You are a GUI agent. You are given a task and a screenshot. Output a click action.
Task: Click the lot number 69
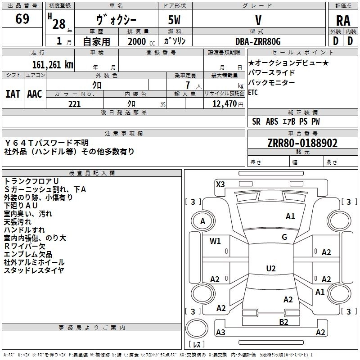[22, 20]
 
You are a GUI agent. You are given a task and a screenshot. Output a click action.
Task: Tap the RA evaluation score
[343, 21]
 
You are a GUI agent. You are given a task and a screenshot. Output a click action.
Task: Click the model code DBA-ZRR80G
[258, 41]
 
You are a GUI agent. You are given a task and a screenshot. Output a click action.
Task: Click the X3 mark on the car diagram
[220, 184]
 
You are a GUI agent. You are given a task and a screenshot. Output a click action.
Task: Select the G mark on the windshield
[284, 237]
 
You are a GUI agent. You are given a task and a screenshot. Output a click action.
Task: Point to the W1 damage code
[216, 241]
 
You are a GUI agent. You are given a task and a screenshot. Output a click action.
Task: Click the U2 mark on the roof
[270, 269]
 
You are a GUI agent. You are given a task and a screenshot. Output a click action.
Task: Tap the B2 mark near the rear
[283, 321]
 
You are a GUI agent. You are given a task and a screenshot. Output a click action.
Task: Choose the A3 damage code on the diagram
[220, 333]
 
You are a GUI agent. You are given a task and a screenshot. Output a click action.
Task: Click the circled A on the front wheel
[202, 221]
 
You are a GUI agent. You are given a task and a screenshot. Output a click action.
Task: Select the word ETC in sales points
[253, 93]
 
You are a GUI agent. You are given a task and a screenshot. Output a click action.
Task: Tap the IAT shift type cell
[13, 94]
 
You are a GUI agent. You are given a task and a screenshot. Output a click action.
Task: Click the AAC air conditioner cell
[35, 94]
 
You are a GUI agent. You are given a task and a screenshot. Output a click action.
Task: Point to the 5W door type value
[175, 21]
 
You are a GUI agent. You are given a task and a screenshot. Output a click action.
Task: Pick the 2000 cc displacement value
[139, 41]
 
